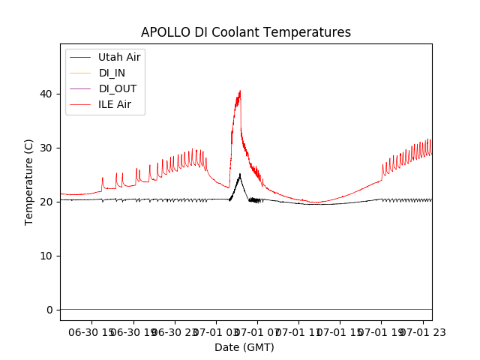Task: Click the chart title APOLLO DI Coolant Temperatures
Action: click(x=246, y=32)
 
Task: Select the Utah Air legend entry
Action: click(x=119, y=57)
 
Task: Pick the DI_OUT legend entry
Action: click(x=118, y=88)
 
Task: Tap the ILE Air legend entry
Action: click(x=115, y=104)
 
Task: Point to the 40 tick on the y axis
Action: click(x=46, y=94)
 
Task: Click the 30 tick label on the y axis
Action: click(x=46, y=148)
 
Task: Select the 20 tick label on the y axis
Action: click(x=46, y=202)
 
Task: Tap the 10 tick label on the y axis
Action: click(x=46, y=256)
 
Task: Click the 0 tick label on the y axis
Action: click(x=49, y=310)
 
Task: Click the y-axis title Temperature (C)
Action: click(x=28, y=181)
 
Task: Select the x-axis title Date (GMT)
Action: click(x=244, y=347)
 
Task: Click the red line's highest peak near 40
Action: click(x=240, y=91)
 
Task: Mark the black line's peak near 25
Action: click(x=239, y=174)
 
